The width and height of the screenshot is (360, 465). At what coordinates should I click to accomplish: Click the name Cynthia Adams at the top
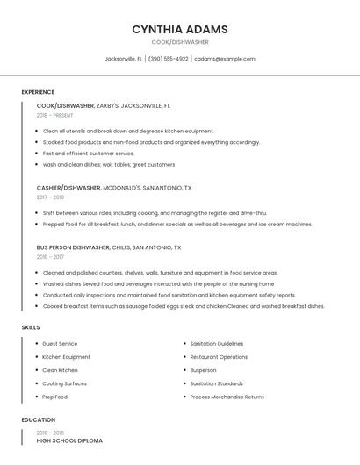[x=179, y=29]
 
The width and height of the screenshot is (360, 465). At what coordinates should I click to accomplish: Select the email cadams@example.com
[x=225, y=59]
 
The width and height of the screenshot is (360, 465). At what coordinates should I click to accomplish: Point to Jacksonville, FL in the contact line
[x=123, y=59]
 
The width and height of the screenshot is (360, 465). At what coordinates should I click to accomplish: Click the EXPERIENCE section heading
[x=38, y=92]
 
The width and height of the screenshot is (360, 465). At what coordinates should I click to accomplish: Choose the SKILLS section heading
[x=30, y=327]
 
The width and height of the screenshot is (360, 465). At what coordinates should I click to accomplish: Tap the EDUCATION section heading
[x=38, y=420]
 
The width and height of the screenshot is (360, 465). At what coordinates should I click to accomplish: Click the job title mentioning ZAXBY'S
[x=103, y=105]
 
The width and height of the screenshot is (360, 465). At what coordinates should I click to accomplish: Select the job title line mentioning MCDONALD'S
[x=113, y=188]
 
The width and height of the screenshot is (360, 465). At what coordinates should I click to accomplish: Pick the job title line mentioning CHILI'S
[x=108, y=247]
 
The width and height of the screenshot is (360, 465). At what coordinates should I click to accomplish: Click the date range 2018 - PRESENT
[x=54, y=115]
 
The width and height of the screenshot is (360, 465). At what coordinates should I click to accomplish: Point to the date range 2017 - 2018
[x=50, y=197]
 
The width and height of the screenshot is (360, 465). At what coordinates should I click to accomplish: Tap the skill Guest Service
[x=60, y=344]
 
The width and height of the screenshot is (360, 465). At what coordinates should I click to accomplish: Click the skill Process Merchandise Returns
[x=227, y=397]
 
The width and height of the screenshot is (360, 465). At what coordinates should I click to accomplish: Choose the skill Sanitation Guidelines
[x=216, y=344]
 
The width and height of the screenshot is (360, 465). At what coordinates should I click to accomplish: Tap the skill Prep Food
[x=54, y=397]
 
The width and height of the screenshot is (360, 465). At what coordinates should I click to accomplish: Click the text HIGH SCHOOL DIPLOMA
[x=69, y=440]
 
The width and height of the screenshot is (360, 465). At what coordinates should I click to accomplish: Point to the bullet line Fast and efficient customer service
[x=89, y=153]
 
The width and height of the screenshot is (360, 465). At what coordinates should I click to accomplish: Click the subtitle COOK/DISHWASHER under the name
[x=179, y=41]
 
